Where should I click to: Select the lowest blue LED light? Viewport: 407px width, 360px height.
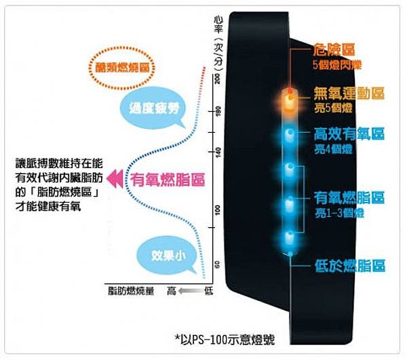point(290,237)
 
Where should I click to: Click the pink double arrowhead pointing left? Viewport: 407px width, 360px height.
point(115,179)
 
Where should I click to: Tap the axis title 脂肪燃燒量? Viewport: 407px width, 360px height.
point(129,291)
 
